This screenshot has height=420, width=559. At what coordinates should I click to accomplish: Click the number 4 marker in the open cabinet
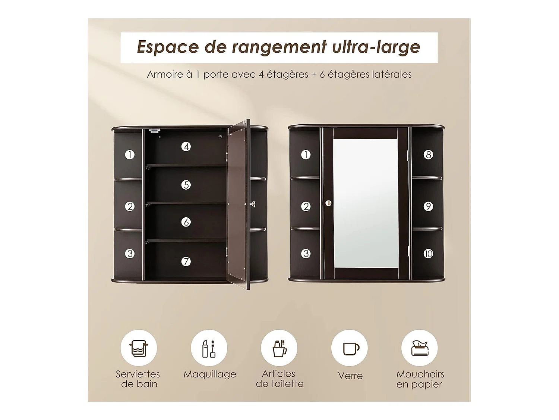coord(186,147)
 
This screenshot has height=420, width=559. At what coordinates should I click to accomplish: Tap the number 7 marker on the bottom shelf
coord(186,261)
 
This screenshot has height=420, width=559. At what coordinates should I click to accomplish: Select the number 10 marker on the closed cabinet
coord(428,253)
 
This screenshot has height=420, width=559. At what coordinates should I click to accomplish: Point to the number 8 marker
coord(428,155)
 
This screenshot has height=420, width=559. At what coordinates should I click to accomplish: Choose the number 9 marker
coord(428,206)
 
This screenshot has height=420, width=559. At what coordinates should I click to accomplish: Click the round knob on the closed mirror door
coord(328,203)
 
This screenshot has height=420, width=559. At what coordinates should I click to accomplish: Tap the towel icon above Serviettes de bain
coord(139,348)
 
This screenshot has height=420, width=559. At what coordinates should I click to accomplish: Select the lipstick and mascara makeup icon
coord(209,348)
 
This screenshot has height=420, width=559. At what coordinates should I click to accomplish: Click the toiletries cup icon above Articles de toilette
coord(279,348)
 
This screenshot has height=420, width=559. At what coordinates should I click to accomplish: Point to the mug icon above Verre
coord(351,349)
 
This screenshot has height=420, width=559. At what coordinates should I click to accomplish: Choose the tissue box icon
coord(420,348)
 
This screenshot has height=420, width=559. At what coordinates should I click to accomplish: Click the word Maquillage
coord(210,374)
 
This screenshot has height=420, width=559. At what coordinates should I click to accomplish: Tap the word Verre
coord(350,376)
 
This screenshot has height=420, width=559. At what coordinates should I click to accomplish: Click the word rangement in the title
coord(279,47)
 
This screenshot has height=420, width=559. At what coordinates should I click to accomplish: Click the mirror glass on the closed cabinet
coord(366,203)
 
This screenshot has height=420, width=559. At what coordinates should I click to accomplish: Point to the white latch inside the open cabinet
coord(155,131)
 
